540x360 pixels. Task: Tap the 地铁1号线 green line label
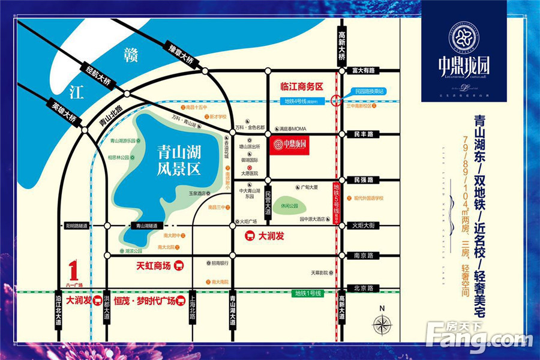pos(308,293)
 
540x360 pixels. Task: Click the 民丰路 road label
pos(364,134)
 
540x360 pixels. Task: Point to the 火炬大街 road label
pos(363,226)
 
